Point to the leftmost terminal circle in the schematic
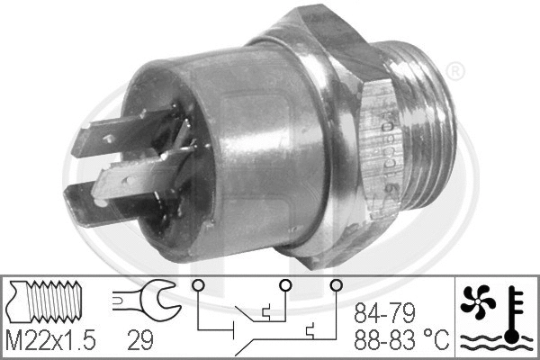(196, 286)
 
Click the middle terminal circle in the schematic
(283, 286)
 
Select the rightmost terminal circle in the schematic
(337, 286)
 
